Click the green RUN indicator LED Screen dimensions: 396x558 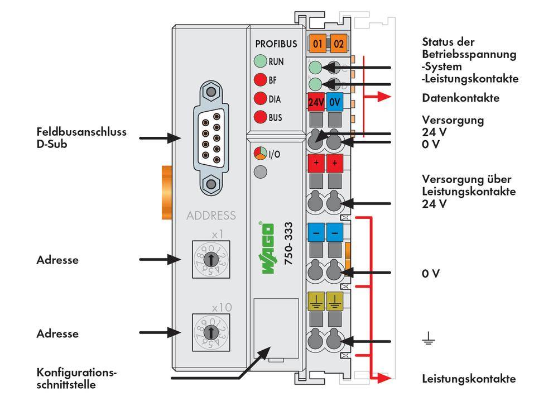(260, 62)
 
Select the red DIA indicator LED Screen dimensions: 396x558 (260, 99)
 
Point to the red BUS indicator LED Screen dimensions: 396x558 (260, 117)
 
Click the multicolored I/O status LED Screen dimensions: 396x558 (260, 154)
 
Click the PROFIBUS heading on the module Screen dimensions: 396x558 (276, 44)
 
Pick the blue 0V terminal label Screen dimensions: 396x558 (335, 103)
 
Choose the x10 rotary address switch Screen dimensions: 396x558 (210, 332)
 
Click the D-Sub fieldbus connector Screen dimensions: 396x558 (211, 137)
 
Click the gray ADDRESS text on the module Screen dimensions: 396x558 (211, 216)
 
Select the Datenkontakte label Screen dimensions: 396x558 (460, 98)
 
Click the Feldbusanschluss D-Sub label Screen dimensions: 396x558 (81, 137)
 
